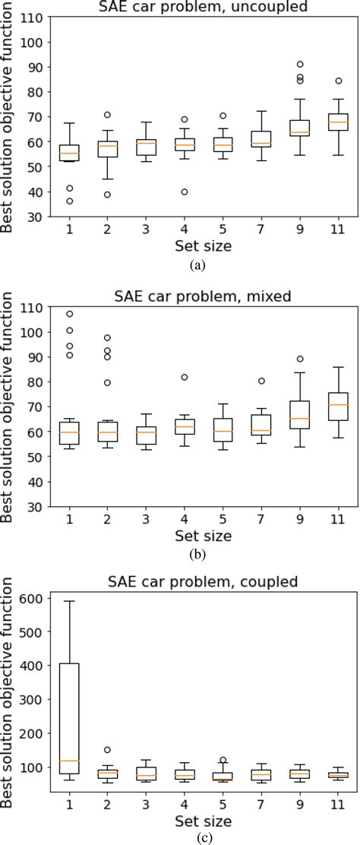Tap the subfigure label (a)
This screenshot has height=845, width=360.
[197, 265]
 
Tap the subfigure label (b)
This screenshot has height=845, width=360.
[197, 554]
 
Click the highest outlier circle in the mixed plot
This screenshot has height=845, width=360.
[69, 314]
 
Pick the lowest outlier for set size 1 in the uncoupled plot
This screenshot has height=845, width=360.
[69, 201]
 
